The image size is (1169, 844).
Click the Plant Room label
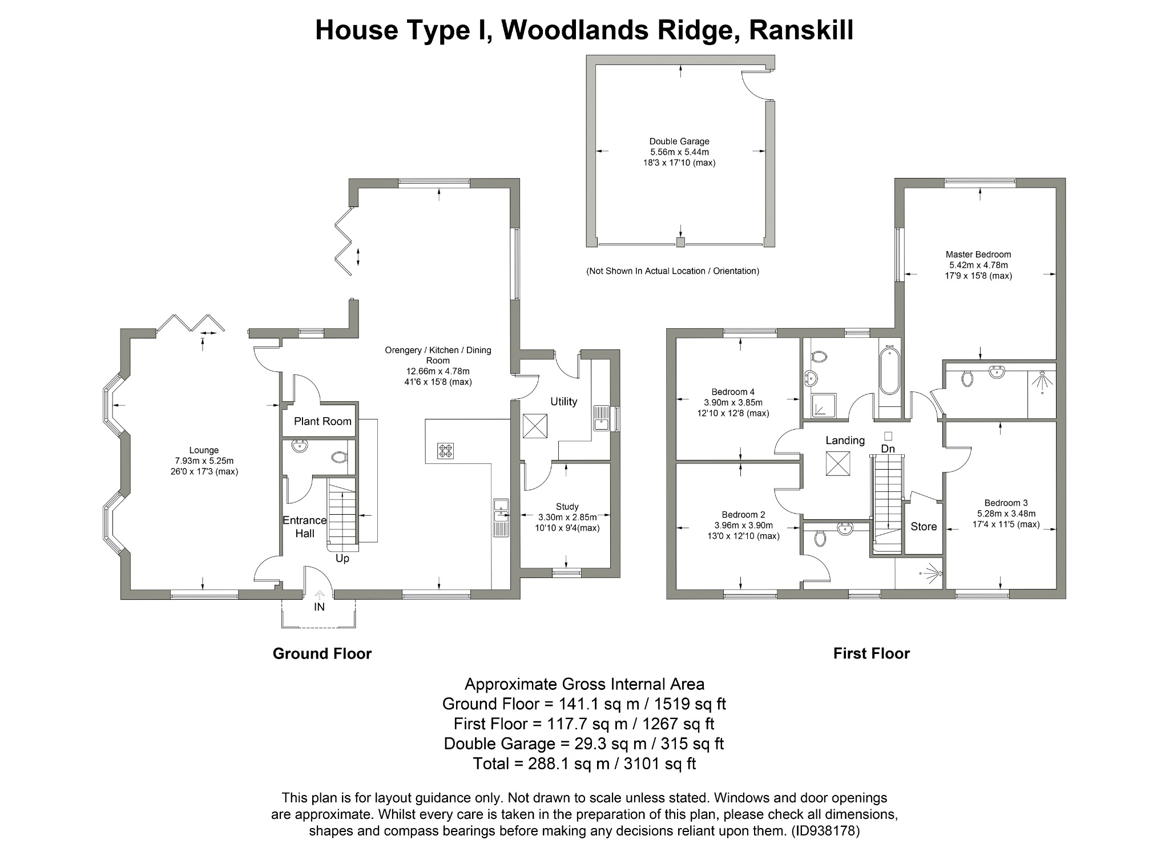tap(323, 421)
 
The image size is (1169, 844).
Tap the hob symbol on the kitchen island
tap(445, 451)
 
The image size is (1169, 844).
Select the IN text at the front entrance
tap(319, 607)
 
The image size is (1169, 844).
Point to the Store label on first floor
tap(923, 526)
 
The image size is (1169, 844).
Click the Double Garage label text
tap(679, 142)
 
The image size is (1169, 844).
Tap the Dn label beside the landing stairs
tap(888, 449)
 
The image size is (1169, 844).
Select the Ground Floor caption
tap(322, 653)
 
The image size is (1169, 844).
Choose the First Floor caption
tap(871, 653)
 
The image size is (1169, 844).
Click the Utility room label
tap(563, 401)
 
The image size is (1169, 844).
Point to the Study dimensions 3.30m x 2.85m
tap(567, 517)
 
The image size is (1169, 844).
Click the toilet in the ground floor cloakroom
tap(338, 457)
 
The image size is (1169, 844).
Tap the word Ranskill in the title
tap(801, 30)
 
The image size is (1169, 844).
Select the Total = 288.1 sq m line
tap(584, 763)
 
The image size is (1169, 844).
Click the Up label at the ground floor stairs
tap(342, 558)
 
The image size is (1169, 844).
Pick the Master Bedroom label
tap(978, 255)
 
